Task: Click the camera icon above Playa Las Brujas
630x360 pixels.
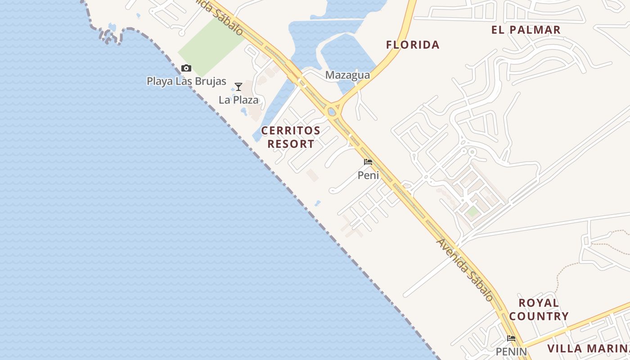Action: coord(186,68)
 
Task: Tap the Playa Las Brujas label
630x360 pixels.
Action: coord(186,81)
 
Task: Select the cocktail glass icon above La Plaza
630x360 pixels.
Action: coord(238,87)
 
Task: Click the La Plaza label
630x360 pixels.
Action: coord(238,100)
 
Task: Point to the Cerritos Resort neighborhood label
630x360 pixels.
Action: coord(291,137)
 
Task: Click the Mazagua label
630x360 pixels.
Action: coord(347,75)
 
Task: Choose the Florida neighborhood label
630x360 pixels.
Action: coord(413,45)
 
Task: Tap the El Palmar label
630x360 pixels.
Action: coord(526,30)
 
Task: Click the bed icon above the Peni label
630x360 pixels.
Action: coord(368,162)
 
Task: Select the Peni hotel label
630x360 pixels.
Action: coord(368,175)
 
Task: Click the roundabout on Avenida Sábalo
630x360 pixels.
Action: coord(333,110)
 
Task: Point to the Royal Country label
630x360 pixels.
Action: coord(539,309)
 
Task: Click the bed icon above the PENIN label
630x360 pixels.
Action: coord(511,338)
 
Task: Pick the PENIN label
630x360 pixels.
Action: coord(511,351)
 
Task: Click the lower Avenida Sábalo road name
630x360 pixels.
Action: coord(465,270)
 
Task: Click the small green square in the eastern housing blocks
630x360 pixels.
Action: coord(472,211)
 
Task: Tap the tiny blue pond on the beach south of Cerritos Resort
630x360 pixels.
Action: coord(318,203)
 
